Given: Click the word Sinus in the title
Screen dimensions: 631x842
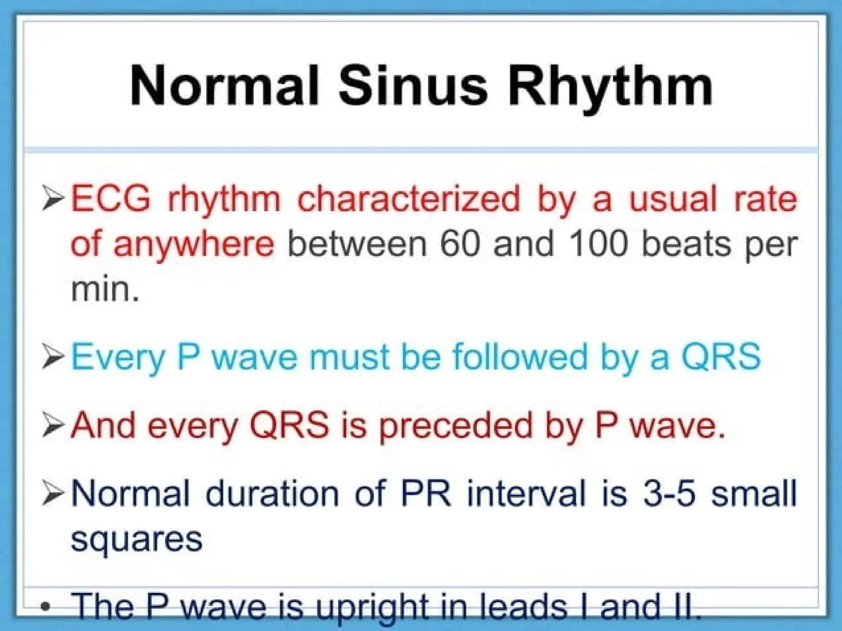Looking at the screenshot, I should (x=413, y=87).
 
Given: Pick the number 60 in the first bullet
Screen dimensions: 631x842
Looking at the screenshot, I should (x=460, y=244).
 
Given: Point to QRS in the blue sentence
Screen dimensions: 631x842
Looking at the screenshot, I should (x=721, y=357).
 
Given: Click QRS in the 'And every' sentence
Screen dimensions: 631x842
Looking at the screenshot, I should (x=289, y=425).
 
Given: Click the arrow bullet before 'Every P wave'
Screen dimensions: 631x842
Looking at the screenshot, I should (x=53, y=357).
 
